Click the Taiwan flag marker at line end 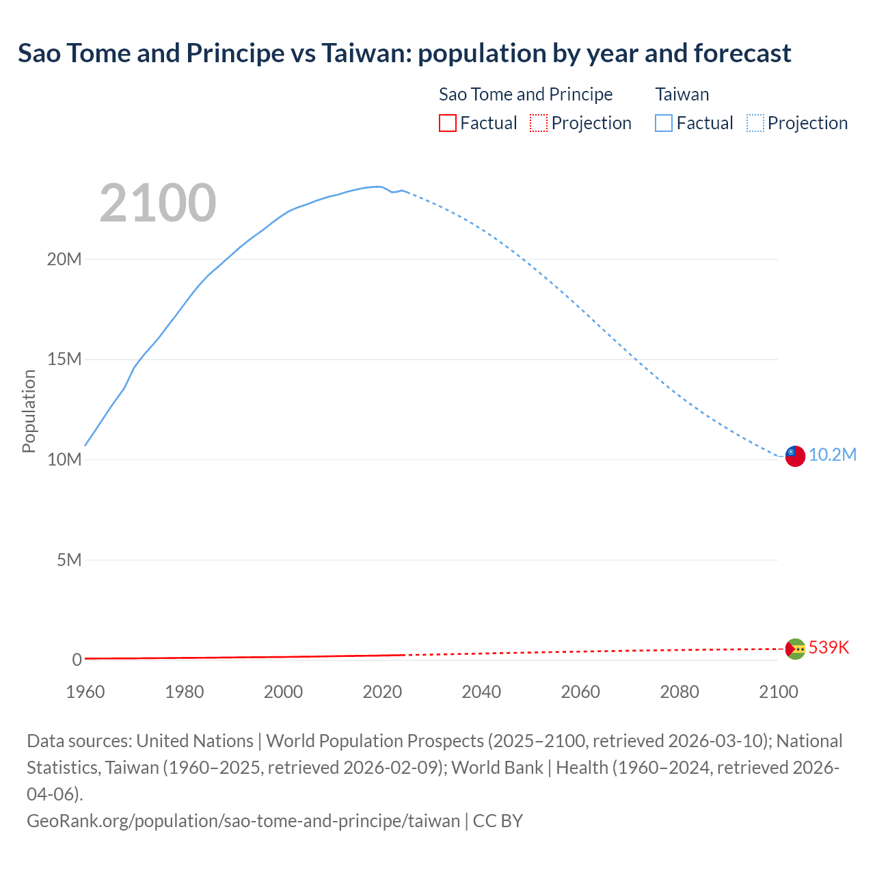click(x=795, y=455)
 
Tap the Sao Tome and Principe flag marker click(x=795, y=648)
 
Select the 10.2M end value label click(x=832, y=455)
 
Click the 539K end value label click(x=829, y=647)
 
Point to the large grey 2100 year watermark click(x=158, y=203)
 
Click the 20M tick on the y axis click(x=64, y=260)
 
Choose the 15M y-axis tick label click(x=64, y=360)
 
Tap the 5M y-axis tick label click(x=68, y=561)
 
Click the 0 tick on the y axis click(x=77, y=660)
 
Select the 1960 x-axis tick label click(x=85, y=692)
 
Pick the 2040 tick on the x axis click(x=481, y=692)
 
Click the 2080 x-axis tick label click(x=679, y=692)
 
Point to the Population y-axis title click(x=29, y=411)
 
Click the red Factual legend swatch click(x=448, y=123)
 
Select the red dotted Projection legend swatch click(x=539, y=123)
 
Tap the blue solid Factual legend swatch click(x=664, y=123)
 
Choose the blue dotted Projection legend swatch click(x=755, y=123)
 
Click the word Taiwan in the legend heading click(x=682, y=94)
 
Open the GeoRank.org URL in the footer click(x=243, y=821)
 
